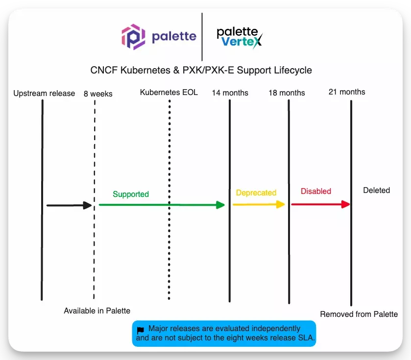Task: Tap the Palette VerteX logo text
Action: point(240,37)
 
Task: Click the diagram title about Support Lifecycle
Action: point(201,70)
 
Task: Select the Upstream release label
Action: point(44,93)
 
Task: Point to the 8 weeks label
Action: point(98,94)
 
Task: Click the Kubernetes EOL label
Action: point(169,92)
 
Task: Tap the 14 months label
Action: point(230,93)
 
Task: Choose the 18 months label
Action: point(287,93)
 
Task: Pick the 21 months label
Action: point(347,92)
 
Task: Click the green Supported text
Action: point(131,194)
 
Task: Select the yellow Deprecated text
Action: point(256,192)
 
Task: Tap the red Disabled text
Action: point(316,191)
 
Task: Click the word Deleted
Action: point(377,190)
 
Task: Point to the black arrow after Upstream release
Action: point(69,206)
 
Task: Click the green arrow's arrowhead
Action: point(220,205)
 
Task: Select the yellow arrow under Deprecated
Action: point(258,204)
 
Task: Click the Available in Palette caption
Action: point(97,311)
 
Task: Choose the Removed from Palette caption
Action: point(359,314)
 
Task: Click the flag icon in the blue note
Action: point(141,330)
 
